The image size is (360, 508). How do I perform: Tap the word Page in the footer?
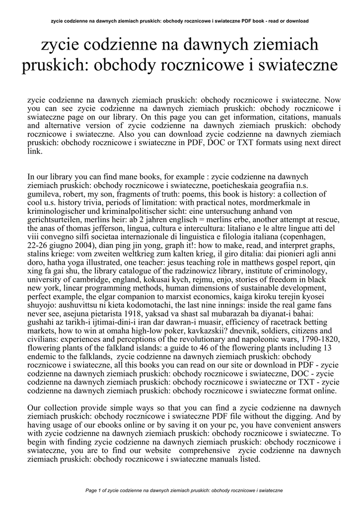(92, 490)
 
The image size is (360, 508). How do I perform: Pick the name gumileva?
(44, 193)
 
